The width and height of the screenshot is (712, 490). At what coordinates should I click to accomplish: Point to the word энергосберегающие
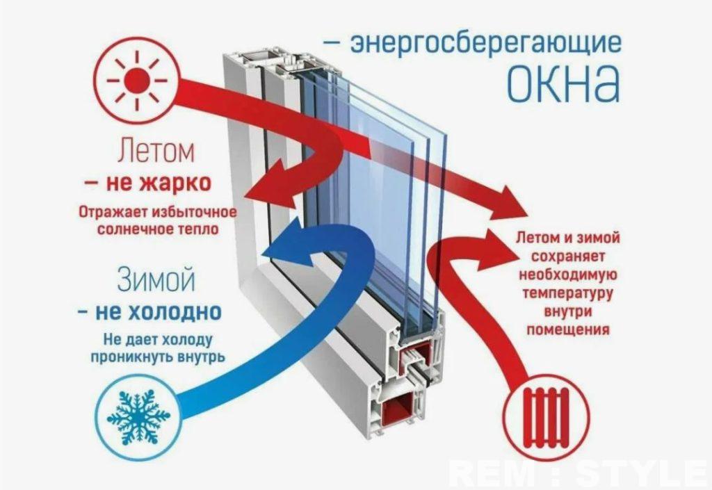(x=485, y=44)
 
